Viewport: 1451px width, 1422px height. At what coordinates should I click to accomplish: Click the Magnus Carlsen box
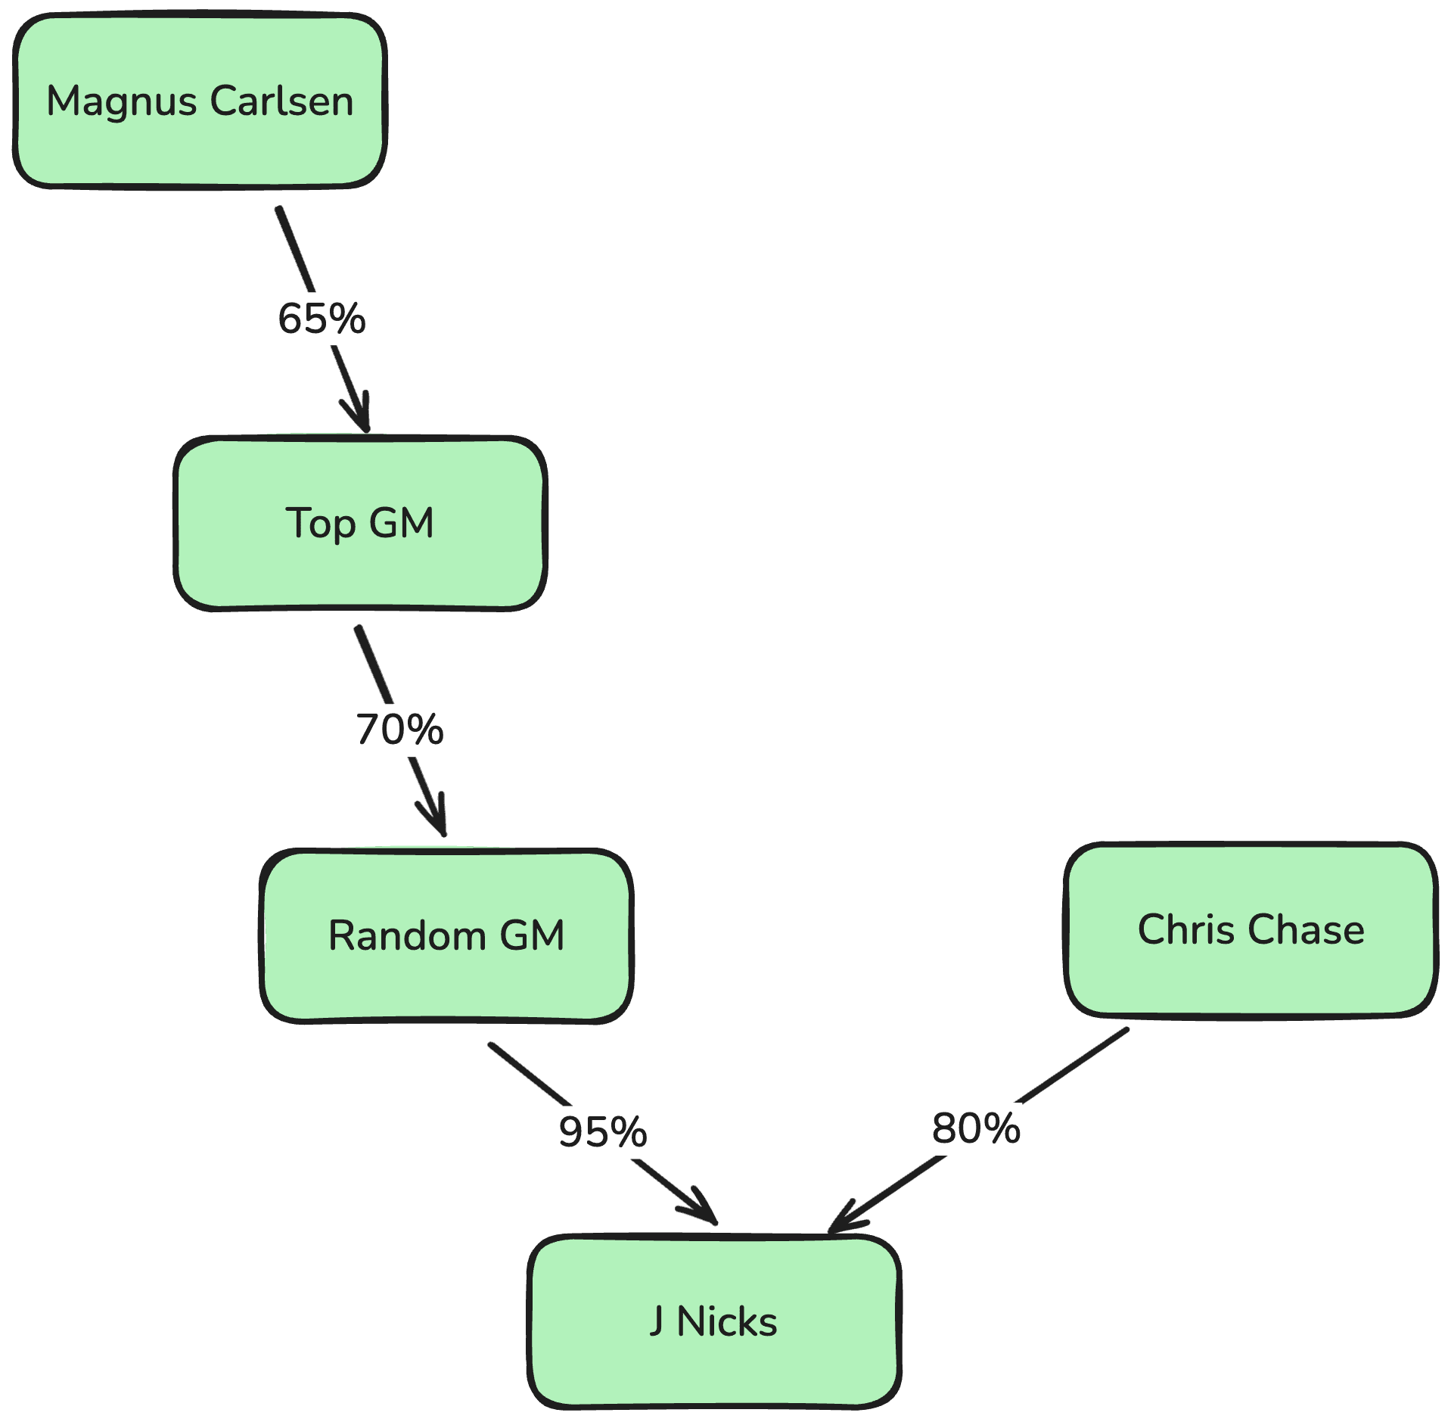click(x=200, y=101)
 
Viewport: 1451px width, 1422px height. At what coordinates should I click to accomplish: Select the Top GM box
click(x=360, y=523)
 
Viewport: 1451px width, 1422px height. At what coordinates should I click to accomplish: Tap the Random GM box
click(x=446, y=935)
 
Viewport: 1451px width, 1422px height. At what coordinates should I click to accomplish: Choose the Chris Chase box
click(x=1251, y=929)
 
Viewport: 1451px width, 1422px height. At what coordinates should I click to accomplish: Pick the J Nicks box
click(x=713, y=1321)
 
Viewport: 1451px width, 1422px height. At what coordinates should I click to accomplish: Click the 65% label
click(x=322, y=319)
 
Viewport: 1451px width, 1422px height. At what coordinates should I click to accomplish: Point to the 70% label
click(x=399, y=730)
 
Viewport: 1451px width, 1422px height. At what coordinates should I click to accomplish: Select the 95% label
click(x=602, y=1131)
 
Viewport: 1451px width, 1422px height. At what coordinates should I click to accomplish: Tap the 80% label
click(x=976, y=1128)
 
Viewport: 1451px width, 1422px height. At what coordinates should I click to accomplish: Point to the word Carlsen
click(x=281, y=101)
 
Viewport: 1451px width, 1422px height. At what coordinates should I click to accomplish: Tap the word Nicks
click(x=727, y=1321)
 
